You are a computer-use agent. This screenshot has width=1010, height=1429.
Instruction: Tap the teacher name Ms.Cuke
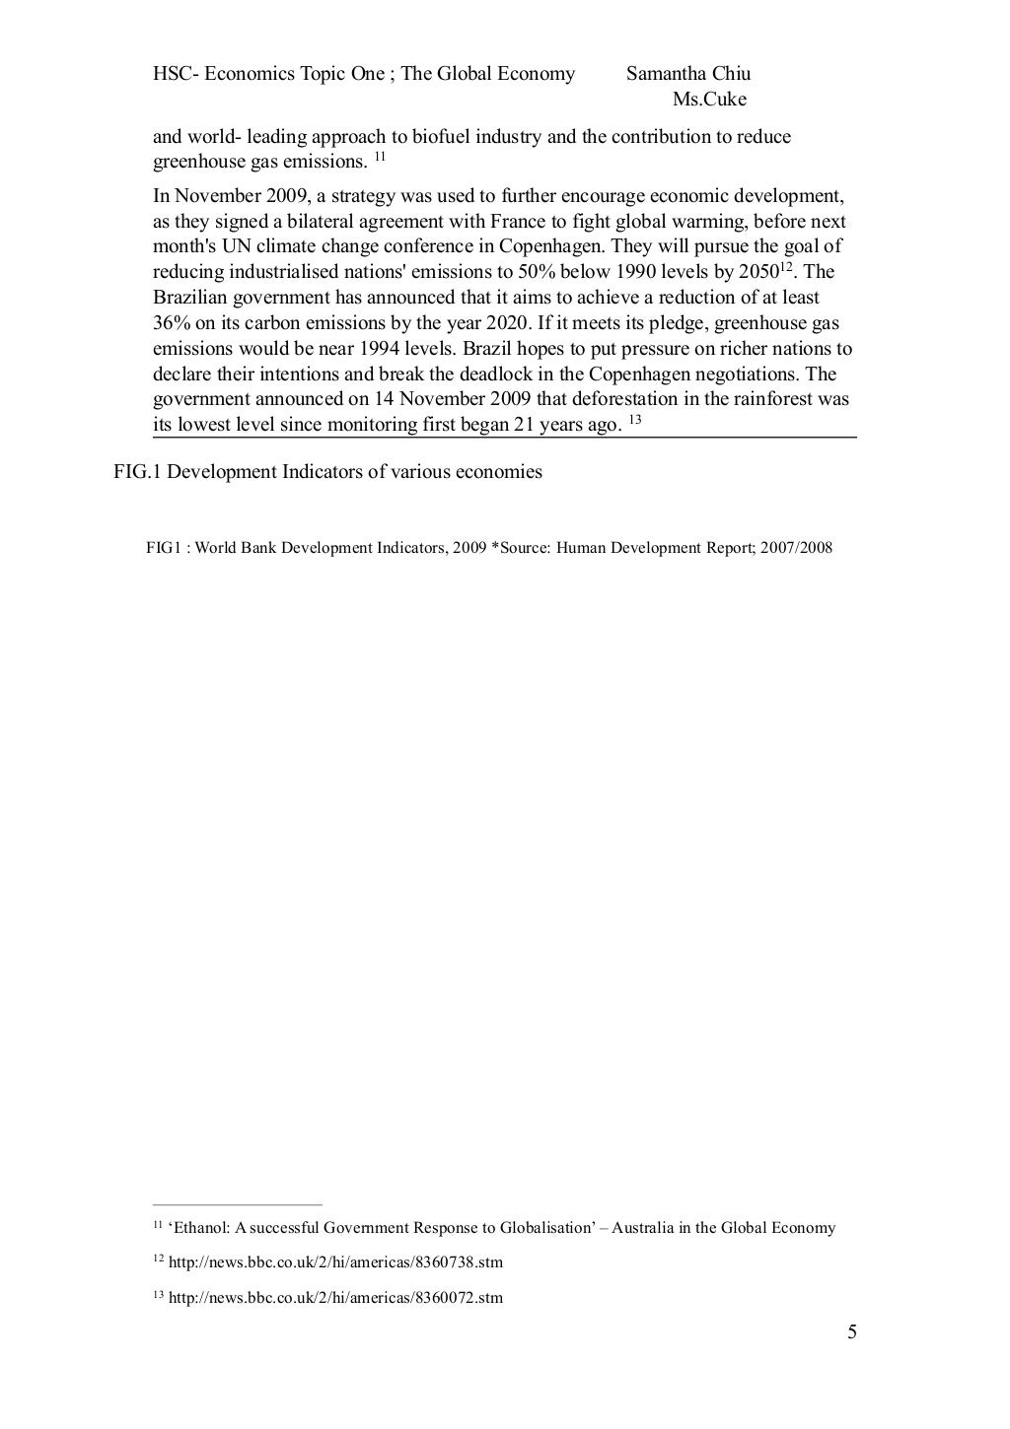(709, 100)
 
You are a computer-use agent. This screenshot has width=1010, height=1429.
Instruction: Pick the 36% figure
(174, 323)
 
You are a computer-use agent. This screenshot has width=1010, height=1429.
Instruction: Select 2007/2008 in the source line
(796, 547)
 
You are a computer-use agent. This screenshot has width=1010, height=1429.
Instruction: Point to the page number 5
(852, 1333)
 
